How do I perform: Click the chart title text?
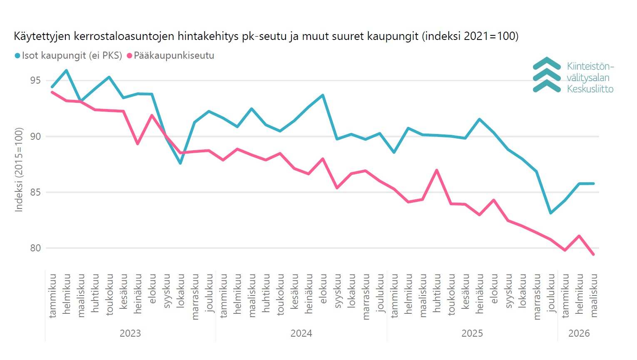tap(266, 36)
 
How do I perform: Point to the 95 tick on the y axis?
tap(35, 80)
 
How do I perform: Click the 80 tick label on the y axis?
tap(35, 248)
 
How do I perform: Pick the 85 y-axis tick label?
tap(35, 192)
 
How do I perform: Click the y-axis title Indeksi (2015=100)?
tap(19, 170)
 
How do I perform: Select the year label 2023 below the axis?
tap(130, 333)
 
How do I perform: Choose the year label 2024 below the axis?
tap(301, 333)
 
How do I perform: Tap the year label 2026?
tap(579, 333)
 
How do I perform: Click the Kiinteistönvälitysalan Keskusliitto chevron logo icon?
tap(547, 75)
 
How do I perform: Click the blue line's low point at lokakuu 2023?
tap(180, 163)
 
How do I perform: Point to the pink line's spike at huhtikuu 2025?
tap(437, 170)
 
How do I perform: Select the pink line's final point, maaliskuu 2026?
tap(593, 254)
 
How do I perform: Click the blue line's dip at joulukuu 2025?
tap(551, 213)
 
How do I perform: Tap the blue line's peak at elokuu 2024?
tap(323, 95)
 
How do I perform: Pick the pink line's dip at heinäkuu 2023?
tap(137, 144)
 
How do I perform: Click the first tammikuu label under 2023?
tap(52, 296)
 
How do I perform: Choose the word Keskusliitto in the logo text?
tap(590, 89)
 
